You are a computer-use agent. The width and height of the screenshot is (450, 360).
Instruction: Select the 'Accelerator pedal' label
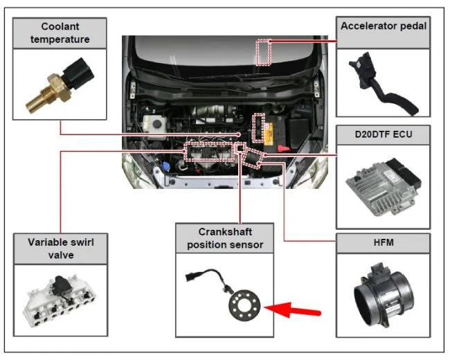click(383, 26)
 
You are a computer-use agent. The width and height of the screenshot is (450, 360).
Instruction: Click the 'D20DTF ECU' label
click(383, 133)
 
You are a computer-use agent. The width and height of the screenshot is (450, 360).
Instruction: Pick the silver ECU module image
click(382, 183)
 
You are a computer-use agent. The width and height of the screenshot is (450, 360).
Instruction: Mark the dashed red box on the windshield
click(263, 53)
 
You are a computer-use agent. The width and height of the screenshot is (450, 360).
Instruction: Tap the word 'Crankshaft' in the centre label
click(220, 231)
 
